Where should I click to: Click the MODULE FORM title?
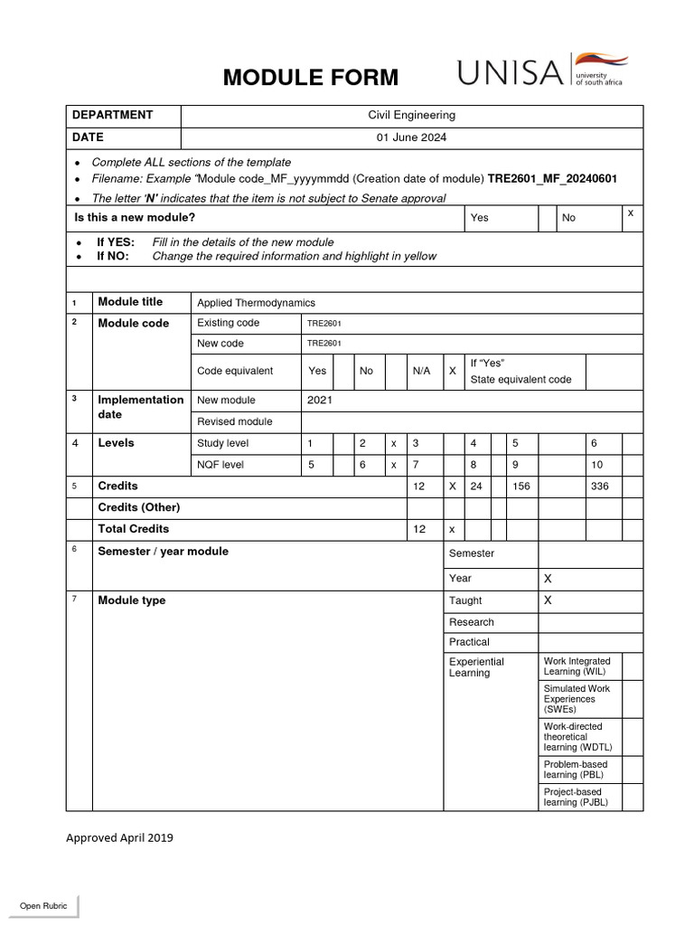coord(311,78)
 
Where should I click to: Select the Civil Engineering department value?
coord(411,115)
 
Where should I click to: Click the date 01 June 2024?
coord(411,137)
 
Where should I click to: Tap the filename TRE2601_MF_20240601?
coord(553,179)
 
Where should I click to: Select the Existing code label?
coord(228,323)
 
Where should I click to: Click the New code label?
coord(220,344)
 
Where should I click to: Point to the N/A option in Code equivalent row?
coord(421,371)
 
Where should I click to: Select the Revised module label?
coord(234,421)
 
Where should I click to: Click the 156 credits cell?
coord(521,486)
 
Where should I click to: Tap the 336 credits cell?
coord(599,486)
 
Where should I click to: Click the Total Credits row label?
coord(133,528)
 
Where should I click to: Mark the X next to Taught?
coord(548,600)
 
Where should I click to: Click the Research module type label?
coord(472,622)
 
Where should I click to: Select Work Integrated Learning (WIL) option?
coord(577,666)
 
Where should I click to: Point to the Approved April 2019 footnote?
coord(119,837)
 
